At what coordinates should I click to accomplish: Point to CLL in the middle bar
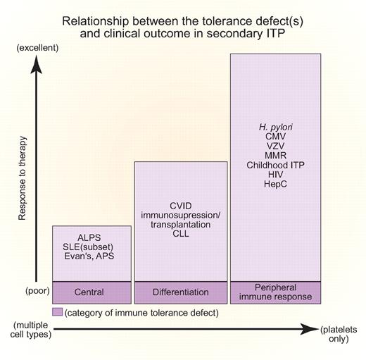pyautogui.click(x=181, y=237)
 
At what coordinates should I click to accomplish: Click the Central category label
pyautogui.click(x=91, y=292)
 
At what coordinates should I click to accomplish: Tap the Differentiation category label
pyautogui.click(x=181, y=292)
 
